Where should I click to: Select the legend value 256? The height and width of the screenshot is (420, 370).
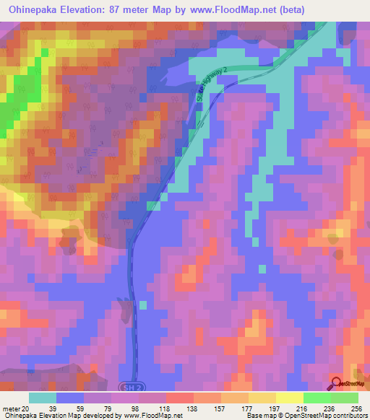[356, 408]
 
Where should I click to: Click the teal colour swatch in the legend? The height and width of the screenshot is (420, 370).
[43, 398]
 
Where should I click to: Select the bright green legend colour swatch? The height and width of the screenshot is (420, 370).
[317, 398]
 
